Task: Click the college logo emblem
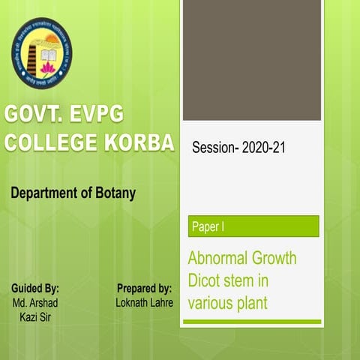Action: pos(42,52)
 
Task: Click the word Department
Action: pos(44,193)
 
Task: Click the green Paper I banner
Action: pos(253,226)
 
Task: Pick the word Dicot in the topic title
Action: pos(205,281)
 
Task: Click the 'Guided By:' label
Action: pos(35,288)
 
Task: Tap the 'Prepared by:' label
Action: pos(144,288)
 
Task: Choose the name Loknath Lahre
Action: pos(145,302)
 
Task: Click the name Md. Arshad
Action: pos(35,302)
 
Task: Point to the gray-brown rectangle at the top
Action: pos(251,60)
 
